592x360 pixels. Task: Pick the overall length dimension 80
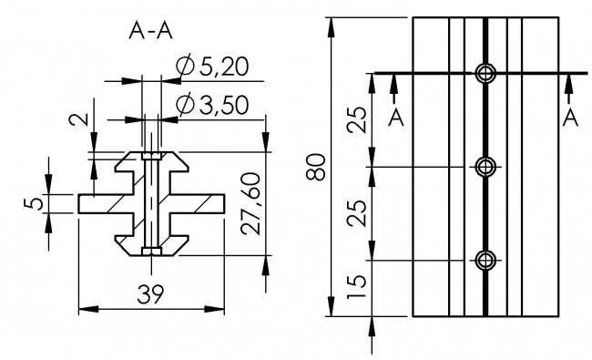pos(315,167)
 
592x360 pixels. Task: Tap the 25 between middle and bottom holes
pos(359,213)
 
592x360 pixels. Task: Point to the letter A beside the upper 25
pos(395,118)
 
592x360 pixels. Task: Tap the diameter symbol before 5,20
pos(182,67)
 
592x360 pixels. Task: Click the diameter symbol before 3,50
pos(182,105)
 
